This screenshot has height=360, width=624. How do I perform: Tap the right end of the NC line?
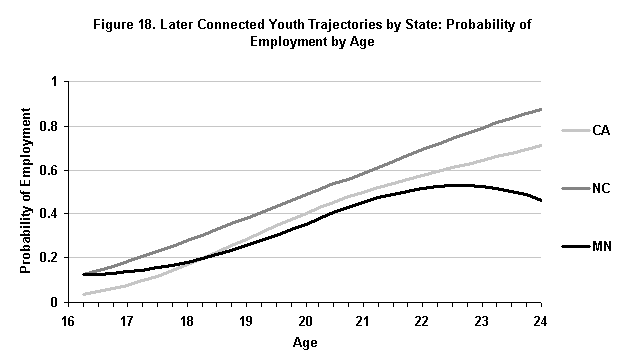point(542,109)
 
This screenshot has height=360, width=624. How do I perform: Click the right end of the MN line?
point(542,201)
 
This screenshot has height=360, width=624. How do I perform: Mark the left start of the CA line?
point(82,294)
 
